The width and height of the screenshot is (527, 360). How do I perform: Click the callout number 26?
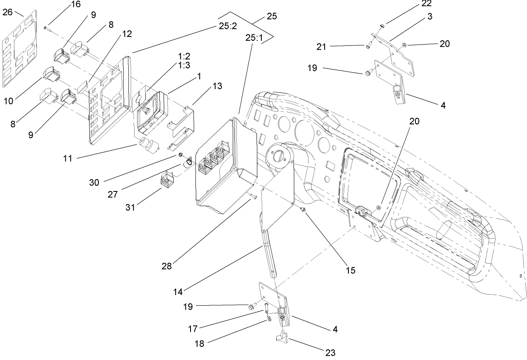tap(8, 12)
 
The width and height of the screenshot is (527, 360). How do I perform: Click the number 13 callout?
tap(217, 86)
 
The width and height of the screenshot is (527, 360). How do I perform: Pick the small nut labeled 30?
tap(180, 154)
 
